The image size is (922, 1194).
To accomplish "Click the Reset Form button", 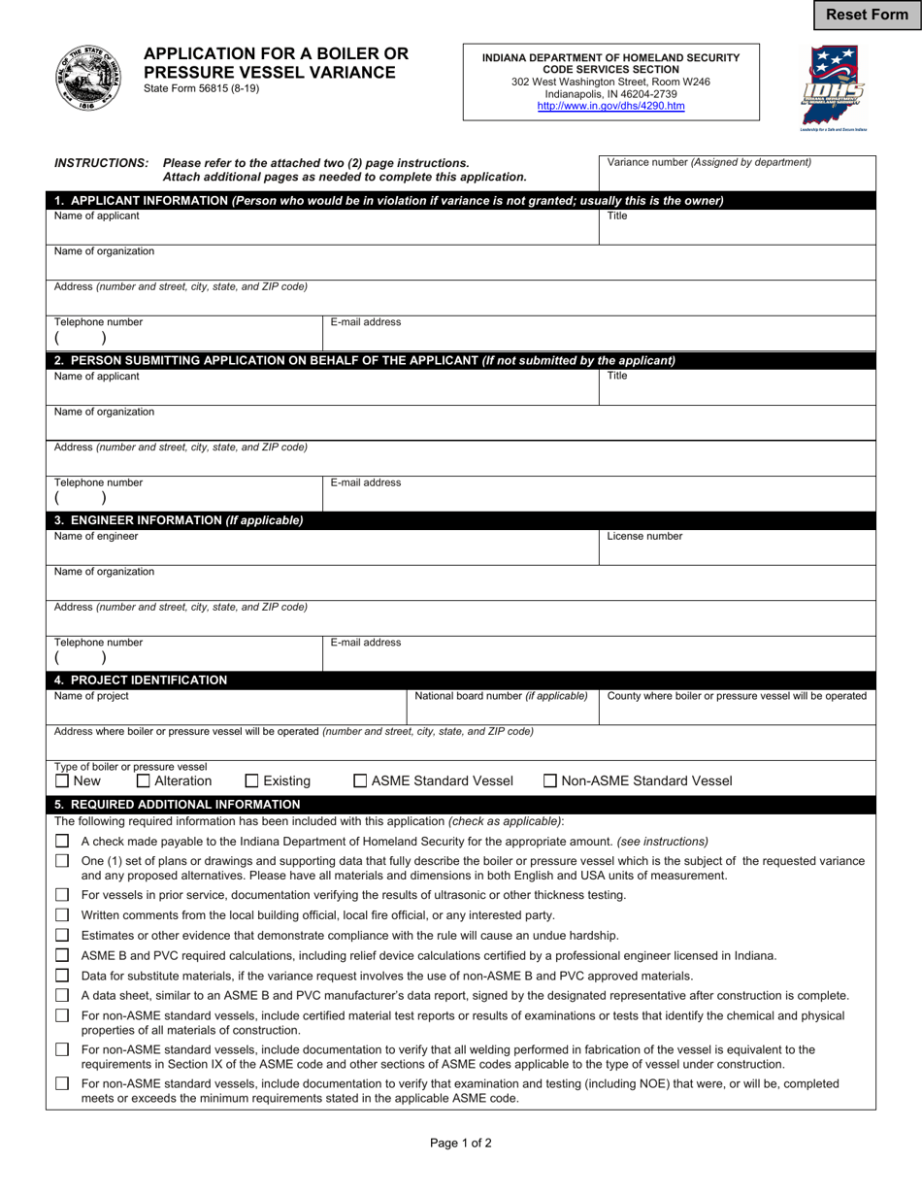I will click(867, 15).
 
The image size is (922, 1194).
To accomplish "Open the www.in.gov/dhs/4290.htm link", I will click(610, 106).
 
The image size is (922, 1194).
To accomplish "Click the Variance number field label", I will click(708, 163).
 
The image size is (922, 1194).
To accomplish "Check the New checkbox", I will click(62, 780).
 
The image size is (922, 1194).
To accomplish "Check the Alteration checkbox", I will click(144, 780).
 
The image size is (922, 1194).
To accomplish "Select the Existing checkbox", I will click(252, 780).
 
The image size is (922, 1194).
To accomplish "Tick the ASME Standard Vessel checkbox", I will click(360, 780).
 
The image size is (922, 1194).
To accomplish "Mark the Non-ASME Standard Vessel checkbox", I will click(550, 780).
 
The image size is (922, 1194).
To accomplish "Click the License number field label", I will click(644, 536).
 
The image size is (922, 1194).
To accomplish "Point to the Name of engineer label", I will click(96, 536).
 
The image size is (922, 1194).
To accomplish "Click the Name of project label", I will click(91, 696).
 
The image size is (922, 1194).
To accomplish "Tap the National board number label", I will click(501, 696).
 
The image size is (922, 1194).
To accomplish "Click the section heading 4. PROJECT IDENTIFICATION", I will click(141, 680).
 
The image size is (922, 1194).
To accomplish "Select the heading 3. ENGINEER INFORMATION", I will click(179, 520).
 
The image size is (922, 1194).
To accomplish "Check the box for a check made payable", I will click(62, 841).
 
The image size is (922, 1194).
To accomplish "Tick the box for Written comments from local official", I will click(62, 914).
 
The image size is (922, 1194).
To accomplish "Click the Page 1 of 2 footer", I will click(461, 1143).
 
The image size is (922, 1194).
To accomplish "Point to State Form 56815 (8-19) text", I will click(201, 88).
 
